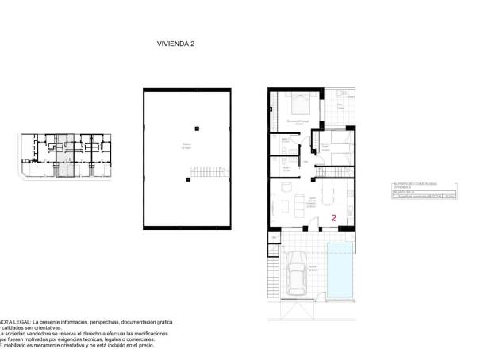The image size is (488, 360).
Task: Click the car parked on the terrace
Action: [x=296, y=272]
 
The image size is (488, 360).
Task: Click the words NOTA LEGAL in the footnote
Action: [x=17, y=322]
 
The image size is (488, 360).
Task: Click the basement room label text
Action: [x=186, y=145]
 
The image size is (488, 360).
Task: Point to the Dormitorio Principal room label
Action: [x=298, y=122]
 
